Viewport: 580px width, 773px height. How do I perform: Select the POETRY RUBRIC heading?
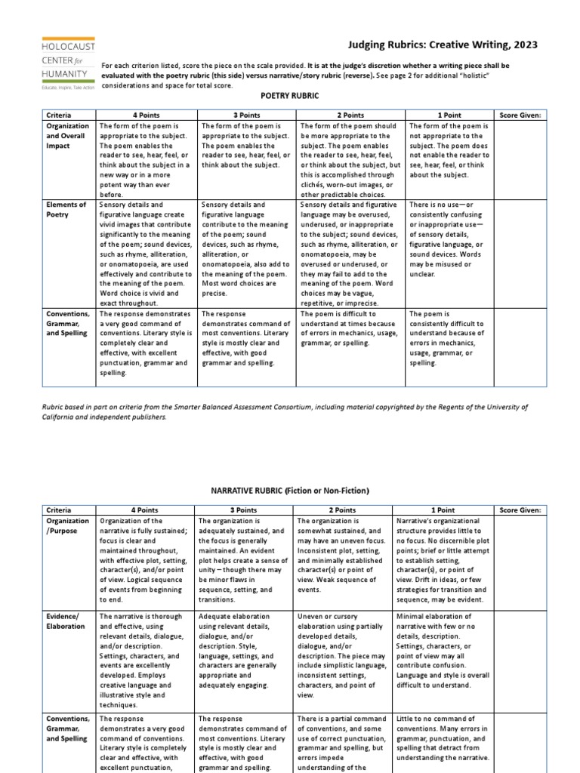290,96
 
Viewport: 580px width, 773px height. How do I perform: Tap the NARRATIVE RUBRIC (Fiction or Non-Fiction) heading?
289,491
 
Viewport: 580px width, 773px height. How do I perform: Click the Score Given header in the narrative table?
521,510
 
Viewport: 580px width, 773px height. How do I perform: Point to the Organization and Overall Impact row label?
68,137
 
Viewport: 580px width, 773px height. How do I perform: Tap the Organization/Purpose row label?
68,526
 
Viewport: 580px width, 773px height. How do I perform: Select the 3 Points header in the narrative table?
243,510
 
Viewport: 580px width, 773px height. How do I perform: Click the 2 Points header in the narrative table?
343,510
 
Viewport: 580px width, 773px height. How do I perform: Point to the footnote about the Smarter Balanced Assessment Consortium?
285,411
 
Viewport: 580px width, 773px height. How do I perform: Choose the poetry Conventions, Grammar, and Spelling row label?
68,323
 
